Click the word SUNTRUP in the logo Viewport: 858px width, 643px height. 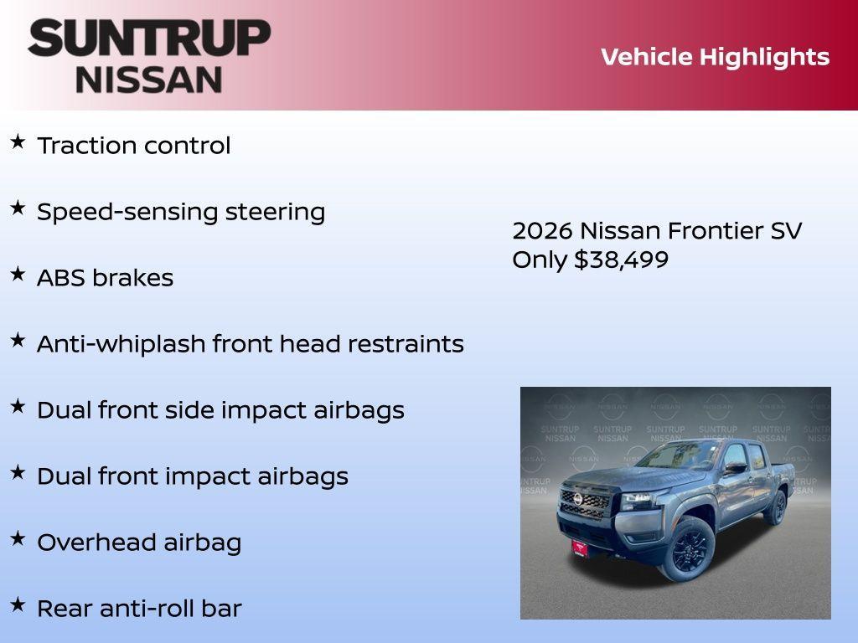(149, 38)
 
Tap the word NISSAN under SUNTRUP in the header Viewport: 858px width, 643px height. (149, 79)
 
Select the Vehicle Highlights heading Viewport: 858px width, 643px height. (715, 57)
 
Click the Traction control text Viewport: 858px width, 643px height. (133, 146)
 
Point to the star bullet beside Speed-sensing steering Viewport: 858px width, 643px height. (18, 208)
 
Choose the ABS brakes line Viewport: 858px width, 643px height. (105, 278)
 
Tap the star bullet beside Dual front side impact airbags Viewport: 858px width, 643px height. (18, 407)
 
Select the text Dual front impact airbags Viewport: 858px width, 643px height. (192, 476)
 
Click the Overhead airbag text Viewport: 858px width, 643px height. (138, 543)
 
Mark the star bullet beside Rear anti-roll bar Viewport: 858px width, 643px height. (18, 605)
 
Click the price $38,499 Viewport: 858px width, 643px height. (621, 260)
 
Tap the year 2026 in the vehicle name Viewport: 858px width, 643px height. (542, 231)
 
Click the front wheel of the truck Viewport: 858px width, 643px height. (690, 548)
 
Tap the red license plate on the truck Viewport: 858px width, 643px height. (581, 547)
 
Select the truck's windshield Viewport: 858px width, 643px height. (677, 456)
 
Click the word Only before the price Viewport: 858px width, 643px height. (540, 260)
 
